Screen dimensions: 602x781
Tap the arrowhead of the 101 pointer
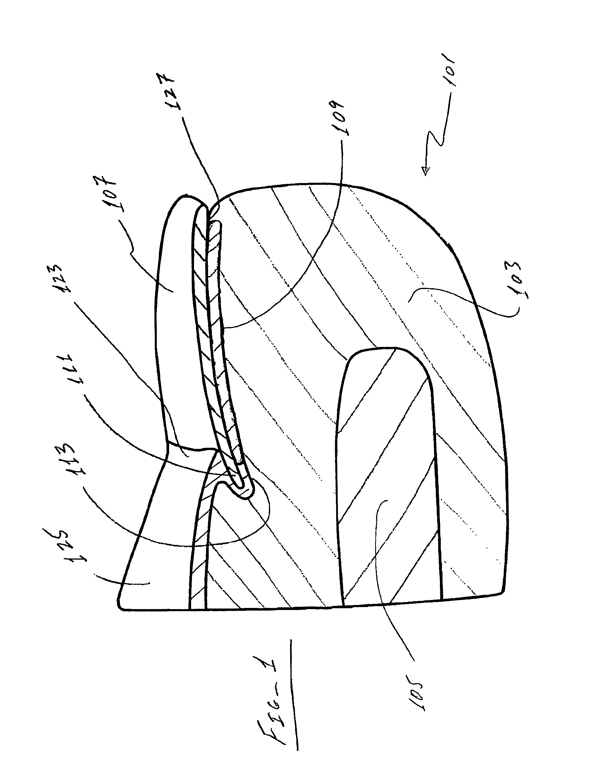point(426,171)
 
